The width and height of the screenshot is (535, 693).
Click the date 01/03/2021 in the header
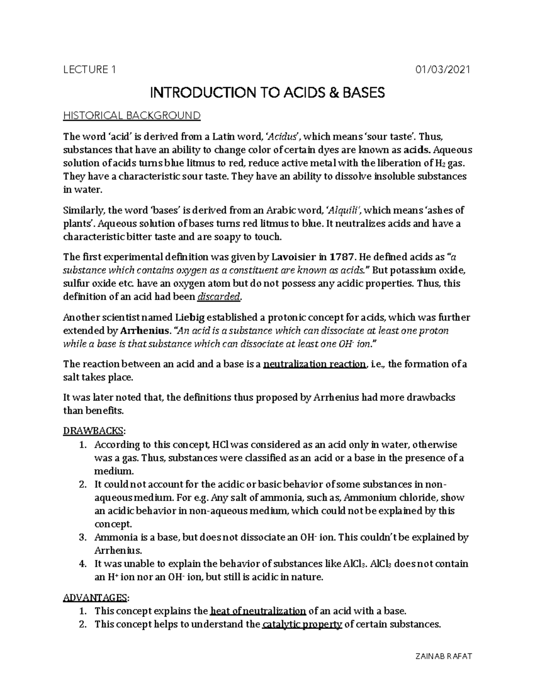pos(443,70)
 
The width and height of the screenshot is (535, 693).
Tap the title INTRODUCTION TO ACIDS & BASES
pos(267,93)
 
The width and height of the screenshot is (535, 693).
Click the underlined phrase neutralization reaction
pos(315,364)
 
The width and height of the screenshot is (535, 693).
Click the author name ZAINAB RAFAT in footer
pos(443,656)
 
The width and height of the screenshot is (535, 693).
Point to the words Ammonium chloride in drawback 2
pos(385,498)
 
